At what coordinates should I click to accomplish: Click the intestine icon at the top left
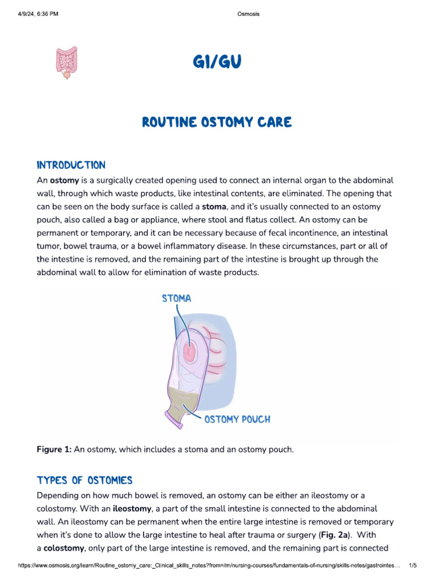67,62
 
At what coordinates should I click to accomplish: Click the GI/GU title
216,63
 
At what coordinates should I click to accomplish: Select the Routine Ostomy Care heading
216,122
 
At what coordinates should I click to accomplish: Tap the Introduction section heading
71,165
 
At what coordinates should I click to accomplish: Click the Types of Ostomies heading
85,480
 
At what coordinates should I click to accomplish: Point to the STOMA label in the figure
176,299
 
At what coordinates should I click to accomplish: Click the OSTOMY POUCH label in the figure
237,419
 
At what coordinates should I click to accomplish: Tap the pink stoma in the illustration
192,353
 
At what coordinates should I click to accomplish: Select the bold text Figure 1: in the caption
54,449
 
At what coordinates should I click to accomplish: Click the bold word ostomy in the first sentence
63,181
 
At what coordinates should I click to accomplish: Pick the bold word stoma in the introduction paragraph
214,207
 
